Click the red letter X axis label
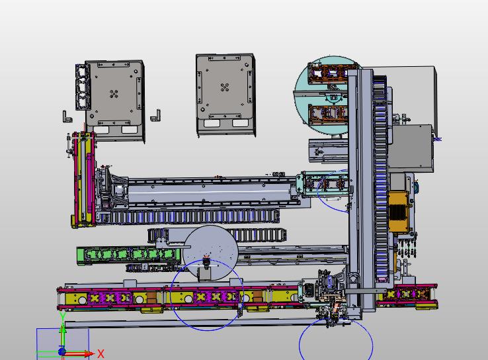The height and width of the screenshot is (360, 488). pos(101,354)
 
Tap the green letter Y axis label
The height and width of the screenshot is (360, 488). pos(63,317)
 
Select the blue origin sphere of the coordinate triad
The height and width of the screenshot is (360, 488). pos(62,352)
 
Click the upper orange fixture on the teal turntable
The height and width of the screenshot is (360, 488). pos(328,73)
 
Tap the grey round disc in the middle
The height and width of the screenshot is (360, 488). pos(210,251)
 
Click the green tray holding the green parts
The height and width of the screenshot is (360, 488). pos(128,255)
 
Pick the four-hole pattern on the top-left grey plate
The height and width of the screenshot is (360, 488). pos(114,94)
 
